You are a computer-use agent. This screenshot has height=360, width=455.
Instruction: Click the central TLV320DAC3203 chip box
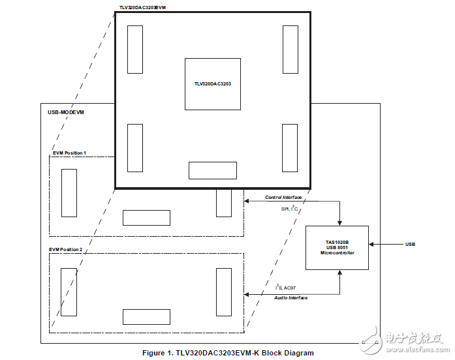click(x=212, y=83)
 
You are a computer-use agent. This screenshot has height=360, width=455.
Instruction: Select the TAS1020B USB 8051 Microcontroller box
click(x=337, y=247)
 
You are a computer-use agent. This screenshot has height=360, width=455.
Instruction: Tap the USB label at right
click(x=410, y=245)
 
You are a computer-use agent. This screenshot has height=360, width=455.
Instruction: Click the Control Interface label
click(x=283, y=197)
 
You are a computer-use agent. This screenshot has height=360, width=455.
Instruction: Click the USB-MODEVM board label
click(x=66, y=112)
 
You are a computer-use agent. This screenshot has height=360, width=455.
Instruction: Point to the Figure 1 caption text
click(x=228, y=353)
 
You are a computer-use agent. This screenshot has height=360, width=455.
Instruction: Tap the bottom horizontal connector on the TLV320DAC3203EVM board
click(x=212, y=170)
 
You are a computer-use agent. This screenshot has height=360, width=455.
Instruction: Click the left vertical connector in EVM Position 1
click(x=69, y=193)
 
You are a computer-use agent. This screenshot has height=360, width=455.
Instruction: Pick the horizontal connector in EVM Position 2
click(x=146, y=317)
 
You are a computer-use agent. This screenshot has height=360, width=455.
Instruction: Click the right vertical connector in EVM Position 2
click(x=224, y=292)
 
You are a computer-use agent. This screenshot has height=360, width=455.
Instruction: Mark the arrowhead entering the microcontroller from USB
click(x=371, y=245)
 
